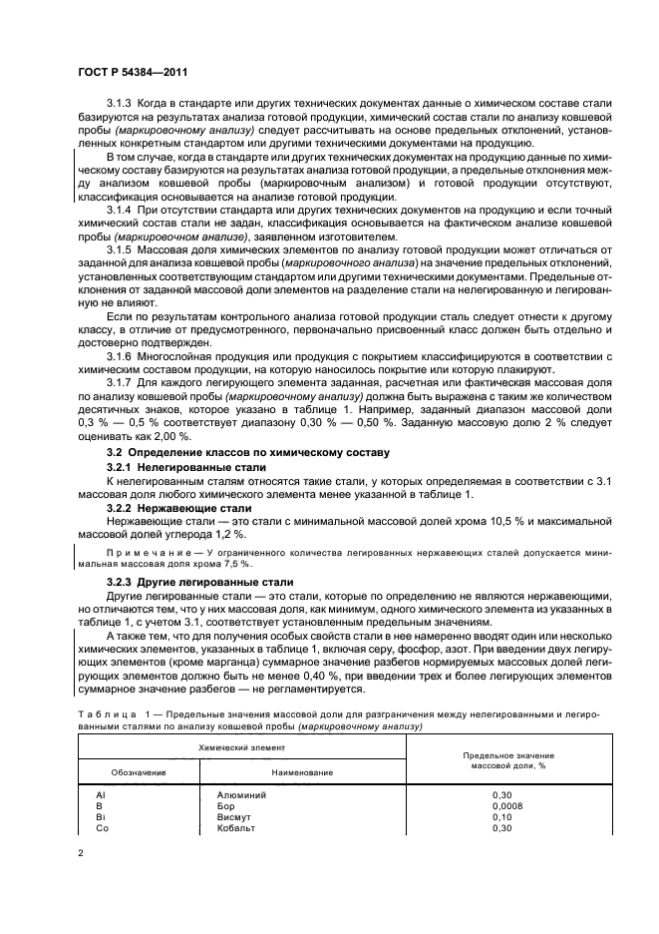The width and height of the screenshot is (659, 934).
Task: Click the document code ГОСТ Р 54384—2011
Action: coord(133,71)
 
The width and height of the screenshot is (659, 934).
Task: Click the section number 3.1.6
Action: coord(121,383)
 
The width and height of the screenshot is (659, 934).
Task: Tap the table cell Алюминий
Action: coord(237,794)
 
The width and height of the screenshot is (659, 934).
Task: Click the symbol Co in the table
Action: coord(102,828)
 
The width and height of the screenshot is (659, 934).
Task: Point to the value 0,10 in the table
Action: coord(501,817)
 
